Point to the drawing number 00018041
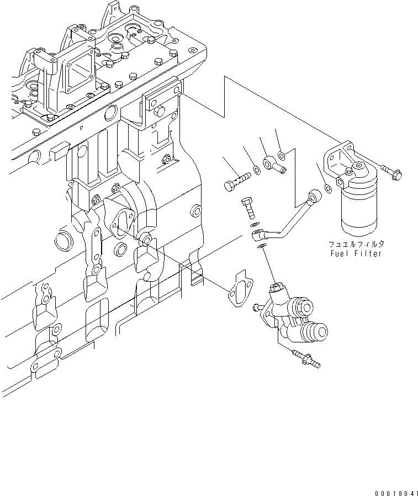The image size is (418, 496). coord(394,489)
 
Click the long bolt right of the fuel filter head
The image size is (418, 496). coord(390,172)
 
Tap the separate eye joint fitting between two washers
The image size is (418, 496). coord(273,165)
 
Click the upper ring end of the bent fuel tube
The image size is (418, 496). coord(315,195)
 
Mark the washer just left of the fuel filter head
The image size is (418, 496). coord(328,189)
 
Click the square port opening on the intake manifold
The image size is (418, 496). coord(77,75)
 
